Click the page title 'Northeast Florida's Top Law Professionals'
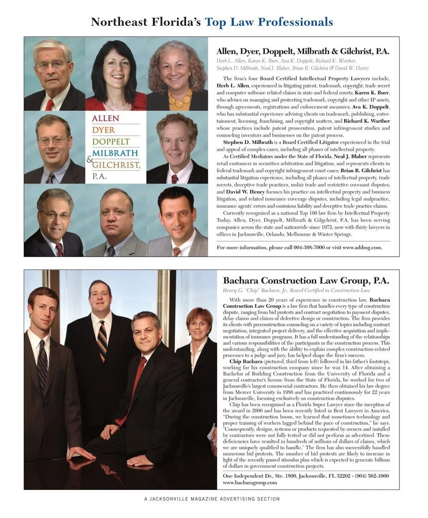coord(212,21)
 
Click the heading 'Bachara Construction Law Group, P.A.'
coord(306,281)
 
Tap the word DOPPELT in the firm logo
coord(111,142)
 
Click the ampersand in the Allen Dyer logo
coord(90,159)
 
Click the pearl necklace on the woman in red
coord(116,106)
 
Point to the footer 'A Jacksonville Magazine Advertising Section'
coord(212,499)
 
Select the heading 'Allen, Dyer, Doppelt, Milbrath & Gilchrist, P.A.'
coord(303,51)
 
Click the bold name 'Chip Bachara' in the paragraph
coord(246,361)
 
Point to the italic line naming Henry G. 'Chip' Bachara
coord(296,291)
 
